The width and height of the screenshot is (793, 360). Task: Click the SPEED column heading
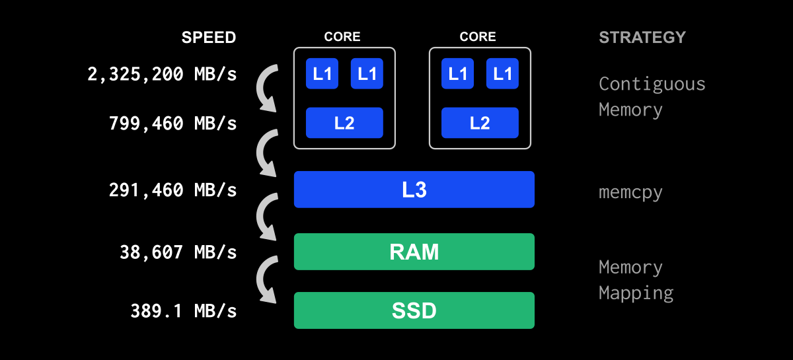(209, 38)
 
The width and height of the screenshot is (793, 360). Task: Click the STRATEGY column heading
(642, 38)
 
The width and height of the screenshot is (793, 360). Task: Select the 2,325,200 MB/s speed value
(162, 74)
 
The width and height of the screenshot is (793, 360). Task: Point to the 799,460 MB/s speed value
(172, 124)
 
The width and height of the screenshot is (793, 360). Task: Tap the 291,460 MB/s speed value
(172, 190)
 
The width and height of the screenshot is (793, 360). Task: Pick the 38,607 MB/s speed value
(178, 252)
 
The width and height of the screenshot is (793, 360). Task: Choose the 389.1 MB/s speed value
(183, 310)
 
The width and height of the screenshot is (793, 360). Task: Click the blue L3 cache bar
(414, 190)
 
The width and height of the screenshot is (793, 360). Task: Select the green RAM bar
(414, 252)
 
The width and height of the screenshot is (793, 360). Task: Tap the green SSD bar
(414, 310)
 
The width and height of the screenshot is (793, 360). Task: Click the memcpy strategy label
(630, 193)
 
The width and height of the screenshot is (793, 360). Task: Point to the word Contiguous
(652, 85)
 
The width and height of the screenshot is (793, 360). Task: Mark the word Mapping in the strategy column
(636, 293)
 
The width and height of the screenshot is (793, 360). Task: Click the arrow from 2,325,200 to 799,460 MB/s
(265, 89)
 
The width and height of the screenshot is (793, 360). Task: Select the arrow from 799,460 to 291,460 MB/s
(265, 153)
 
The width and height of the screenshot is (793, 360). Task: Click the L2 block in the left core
(344, 123)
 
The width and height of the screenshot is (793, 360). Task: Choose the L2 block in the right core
(480, 123)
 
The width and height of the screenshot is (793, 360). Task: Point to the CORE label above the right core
(478, 37)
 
